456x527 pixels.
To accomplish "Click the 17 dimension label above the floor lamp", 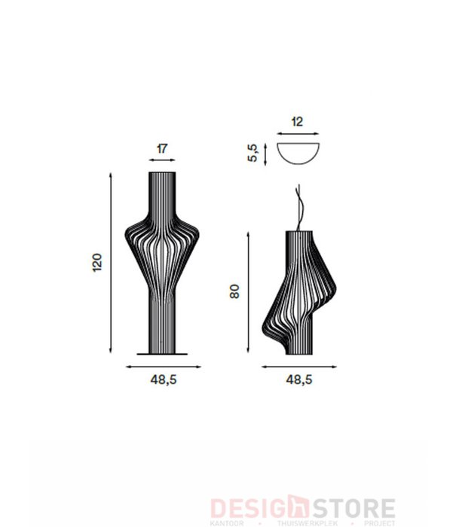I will [162, 148].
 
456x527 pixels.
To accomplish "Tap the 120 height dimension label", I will [97, 263].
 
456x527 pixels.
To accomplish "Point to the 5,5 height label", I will [254, 153].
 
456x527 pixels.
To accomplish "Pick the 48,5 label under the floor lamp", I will [163, 380].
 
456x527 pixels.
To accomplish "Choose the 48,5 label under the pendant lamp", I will [299, 380].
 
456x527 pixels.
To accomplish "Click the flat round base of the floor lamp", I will [163, 353].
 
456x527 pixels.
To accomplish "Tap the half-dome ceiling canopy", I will [298, 154].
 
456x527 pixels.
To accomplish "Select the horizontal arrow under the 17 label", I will [162, 160].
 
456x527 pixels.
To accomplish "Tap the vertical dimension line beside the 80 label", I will [249, 292].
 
